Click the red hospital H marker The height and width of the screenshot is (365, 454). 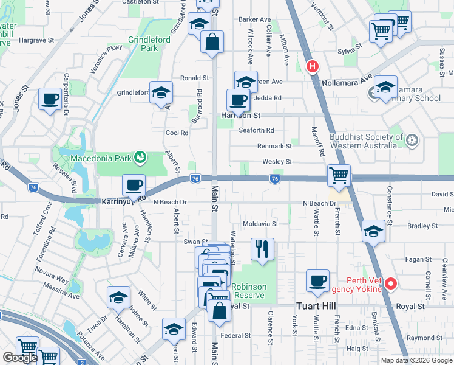point(313,66)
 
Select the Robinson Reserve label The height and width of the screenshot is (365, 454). point(248,291)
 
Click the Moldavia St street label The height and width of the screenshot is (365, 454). point(260,224)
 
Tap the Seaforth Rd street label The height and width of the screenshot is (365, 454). point(256,130)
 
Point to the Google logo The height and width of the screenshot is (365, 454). point(20,358)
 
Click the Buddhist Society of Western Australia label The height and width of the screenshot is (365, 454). point(366,141)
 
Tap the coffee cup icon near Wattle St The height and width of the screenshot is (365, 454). point(317,280)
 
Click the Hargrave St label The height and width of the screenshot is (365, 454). point(37,40)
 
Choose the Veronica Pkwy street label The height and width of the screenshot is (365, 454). point(106,59)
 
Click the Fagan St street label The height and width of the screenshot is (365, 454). point(418,259)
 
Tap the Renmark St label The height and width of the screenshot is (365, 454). point(274,146)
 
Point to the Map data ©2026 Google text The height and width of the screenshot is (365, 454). point(416,360)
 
